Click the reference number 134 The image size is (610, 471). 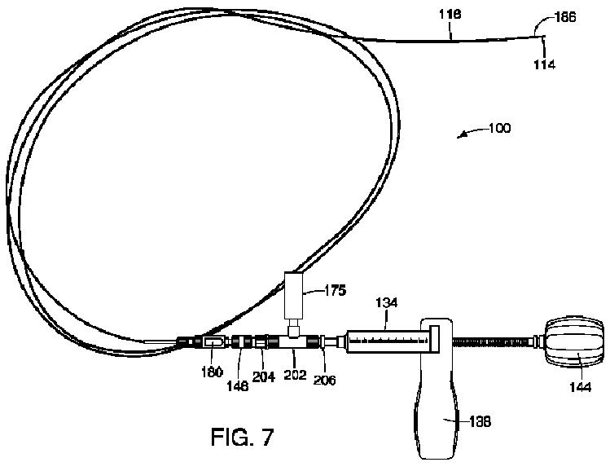tap(388, 303)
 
